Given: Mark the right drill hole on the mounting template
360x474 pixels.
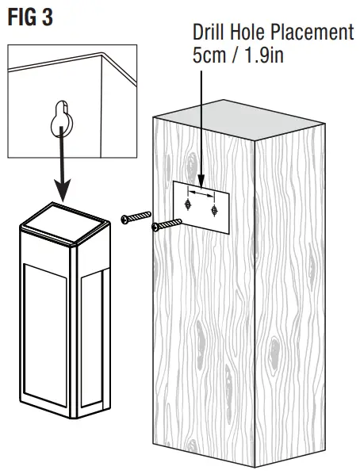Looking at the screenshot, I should tap(215, 211).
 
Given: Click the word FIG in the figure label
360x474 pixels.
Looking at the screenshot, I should tap(21, 17).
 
